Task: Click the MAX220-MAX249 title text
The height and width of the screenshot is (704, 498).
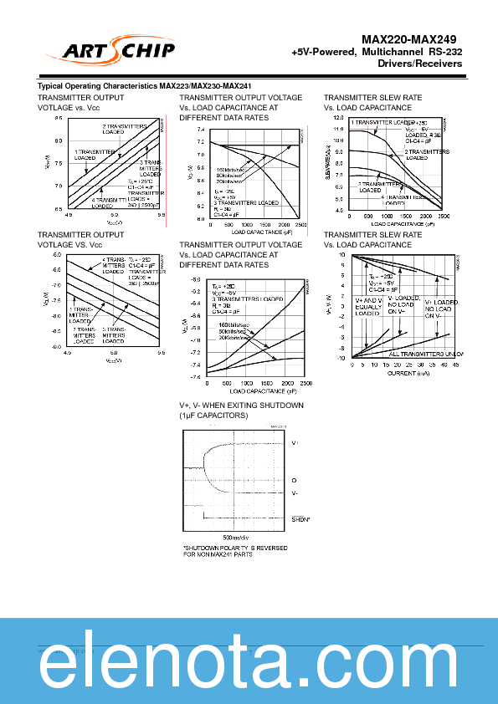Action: pyautogui.click(x=409, y=39)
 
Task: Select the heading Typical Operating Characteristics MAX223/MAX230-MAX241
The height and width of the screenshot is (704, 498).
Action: pyautogui.click(x=145, y=87)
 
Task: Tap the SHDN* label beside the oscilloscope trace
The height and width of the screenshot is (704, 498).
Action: pyautogui.click(x=301, y=519)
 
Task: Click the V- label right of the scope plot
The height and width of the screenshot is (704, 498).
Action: pyautogui.click(x=295, y=493)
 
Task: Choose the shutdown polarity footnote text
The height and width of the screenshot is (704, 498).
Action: pyautogui.click(x=235, y=551)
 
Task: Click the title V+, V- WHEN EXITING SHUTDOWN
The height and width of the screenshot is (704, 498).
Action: pyautogui.click(x=240, y=406)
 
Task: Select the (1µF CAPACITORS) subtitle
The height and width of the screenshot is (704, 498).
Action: pyautogui.click(x=213, y=416)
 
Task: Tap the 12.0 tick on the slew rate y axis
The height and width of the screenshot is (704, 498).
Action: pyautogui.click(x=339, y=119)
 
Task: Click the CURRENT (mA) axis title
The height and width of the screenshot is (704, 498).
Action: pyautogui.click(x=409, y=373)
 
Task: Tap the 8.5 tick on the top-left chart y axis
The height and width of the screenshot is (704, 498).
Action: pyautogui.click(x=59, y=119)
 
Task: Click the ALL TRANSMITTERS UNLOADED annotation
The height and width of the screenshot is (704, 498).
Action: pyautogui.click(x=426, y=354)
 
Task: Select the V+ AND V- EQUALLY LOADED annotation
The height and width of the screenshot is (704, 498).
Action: pyautogui.click(x=367, y=307)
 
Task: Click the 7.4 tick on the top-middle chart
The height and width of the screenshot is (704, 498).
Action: pyautogui.click(x=200, y=130)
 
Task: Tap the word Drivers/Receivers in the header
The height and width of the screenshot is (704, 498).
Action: pyautogui.click(x=420, y=64)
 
